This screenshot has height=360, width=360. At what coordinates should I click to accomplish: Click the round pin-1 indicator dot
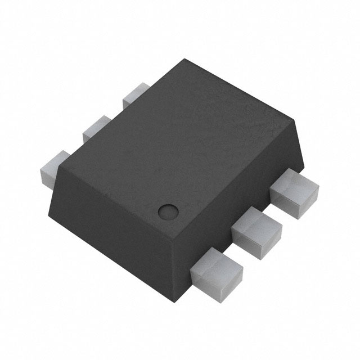167,212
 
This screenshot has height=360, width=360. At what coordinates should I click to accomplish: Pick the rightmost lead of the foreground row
292,194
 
